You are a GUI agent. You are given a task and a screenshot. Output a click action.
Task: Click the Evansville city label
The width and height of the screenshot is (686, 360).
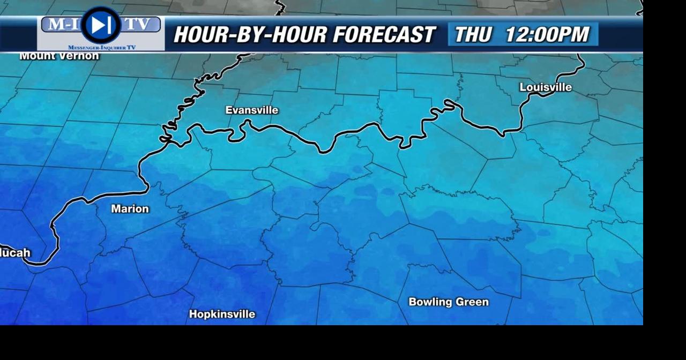pos(252,110)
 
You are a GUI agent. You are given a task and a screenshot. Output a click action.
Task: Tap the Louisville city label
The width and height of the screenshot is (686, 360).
pos(546,87)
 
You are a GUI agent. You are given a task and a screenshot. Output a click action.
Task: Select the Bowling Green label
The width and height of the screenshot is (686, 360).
pos(449,302)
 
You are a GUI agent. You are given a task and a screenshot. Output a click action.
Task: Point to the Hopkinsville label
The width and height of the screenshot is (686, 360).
pos(222,314)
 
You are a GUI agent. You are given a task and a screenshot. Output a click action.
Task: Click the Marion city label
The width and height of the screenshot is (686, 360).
pos(130,209)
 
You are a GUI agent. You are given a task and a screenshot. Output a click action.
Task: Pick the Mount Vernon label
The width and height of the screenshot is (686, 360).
pos(59,56)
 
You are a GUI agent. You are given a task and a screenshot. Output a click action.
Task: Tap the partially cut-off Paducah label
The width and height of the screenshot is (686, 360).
pos(15,253)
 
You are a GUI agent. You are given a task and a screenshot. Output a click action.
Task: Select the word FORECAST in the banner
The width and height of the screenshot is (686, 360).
pos(384,35)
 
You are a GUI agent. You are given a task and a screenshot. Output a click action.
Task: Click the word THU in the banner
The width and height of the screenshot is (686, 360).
pos(473,35)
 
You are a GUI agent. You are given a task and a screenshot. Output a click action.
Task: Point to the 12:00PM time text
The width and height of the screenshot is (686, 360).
pos(547,35)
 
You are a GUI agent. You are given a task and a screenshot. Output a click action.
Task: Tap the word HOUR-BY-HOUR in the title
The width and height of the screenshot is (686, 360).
pos(250,35)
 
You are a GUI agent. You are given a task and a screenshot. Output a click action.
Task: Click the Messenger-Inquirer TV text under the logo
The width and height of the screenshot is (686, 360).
pos(101,48)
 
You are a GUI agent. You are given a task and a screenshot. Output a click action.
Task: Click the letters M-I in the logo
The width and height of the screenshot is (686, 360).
pos(61,24)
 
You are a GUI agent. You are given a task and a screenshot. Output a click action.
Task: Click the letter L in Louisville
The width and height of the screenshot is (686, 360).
pos(523,87)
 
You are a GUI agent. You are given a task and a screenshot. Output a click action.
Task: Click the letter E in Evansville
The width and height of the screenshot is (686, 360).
pos(228,110)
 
